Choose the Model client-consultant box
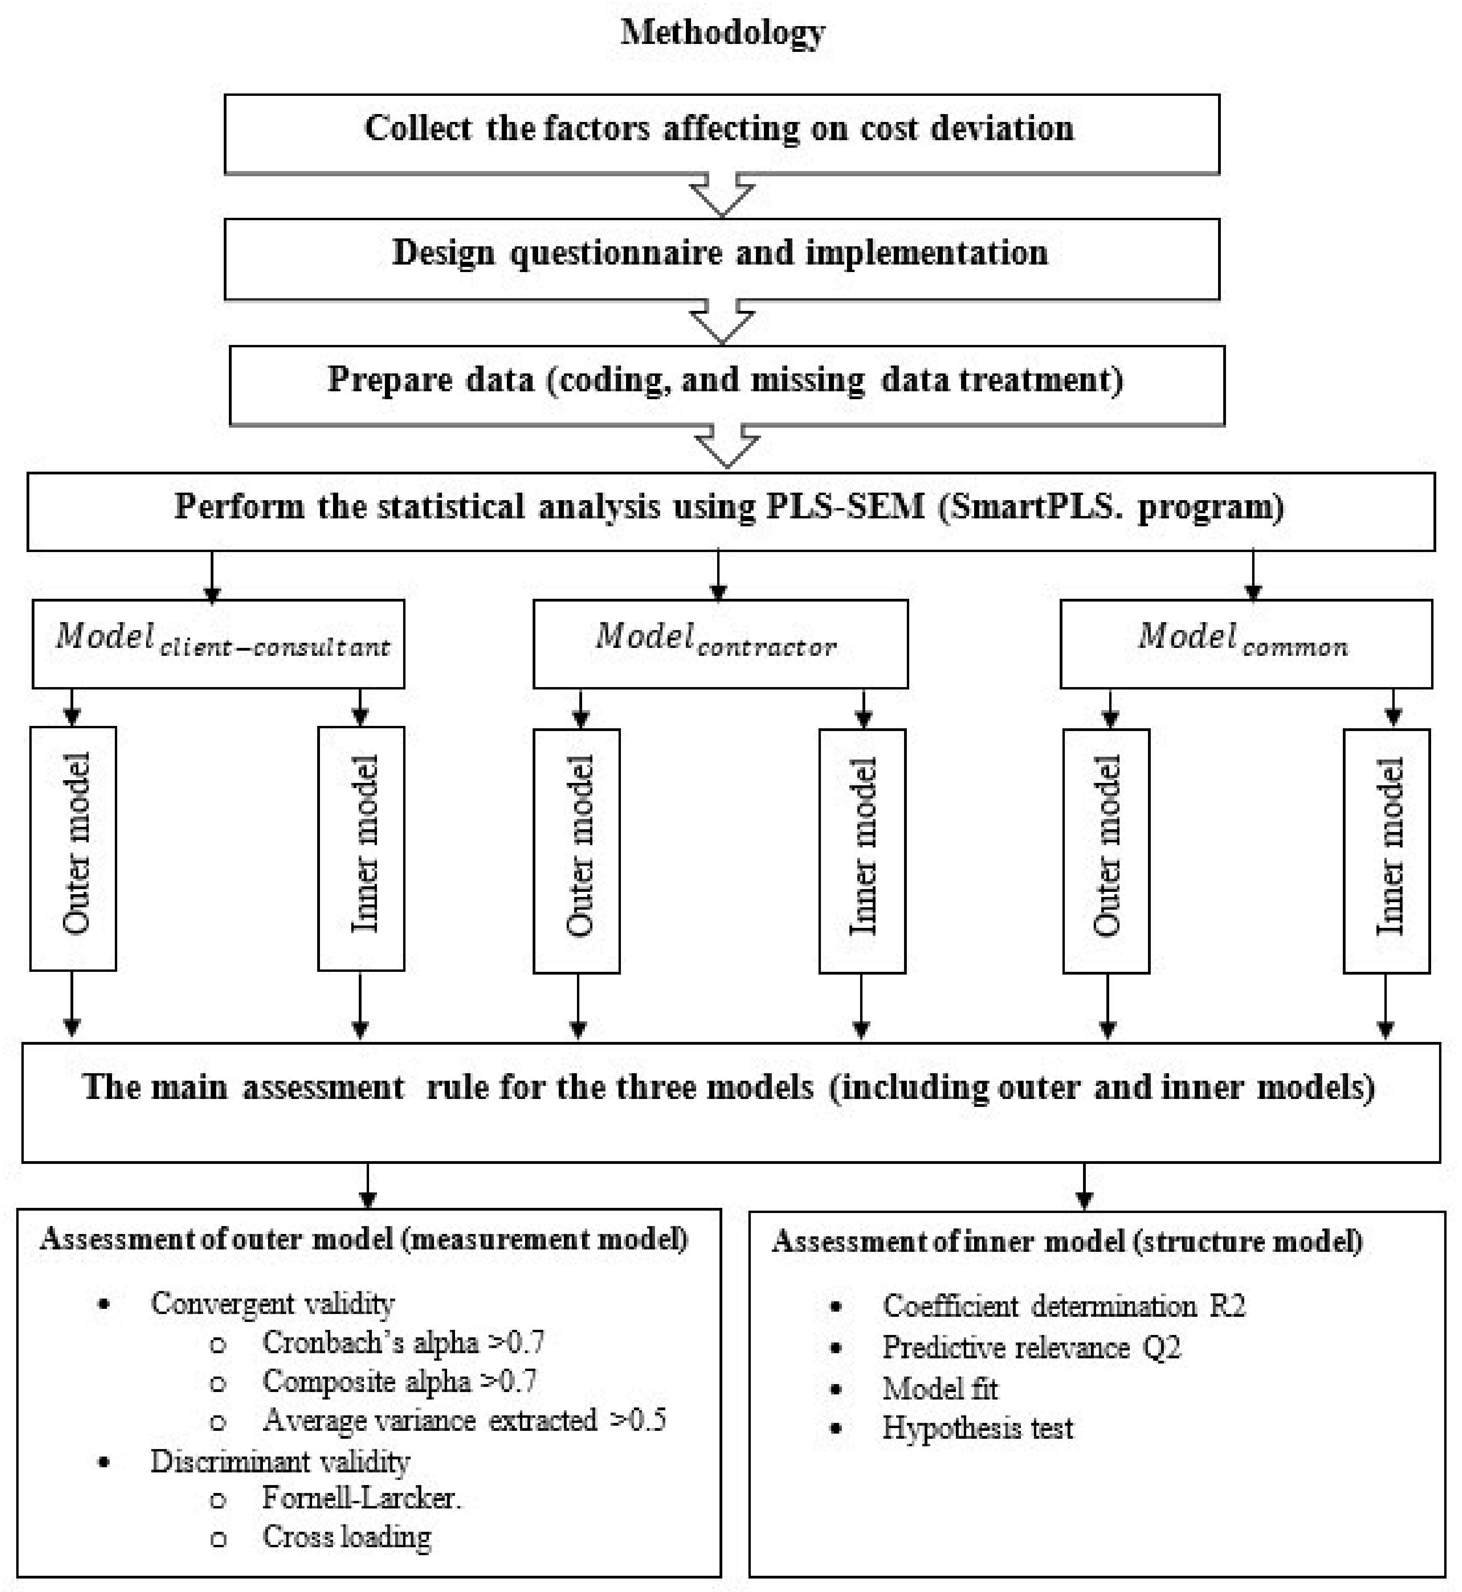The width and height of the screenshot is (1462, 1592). coord(218,643)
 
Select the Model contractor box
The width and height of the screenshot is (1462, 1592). coord(720,643)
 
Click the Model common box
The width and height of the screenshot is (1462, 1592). coord(1245,643)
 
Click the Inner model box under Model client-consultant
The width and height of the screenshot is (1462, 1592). coord(361,848)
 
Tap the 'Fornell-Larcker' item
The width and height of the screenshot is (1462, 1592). coord(362,1498)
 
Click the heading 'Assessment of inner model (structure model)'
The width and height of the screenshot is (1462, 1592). coord(1066,1241)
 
